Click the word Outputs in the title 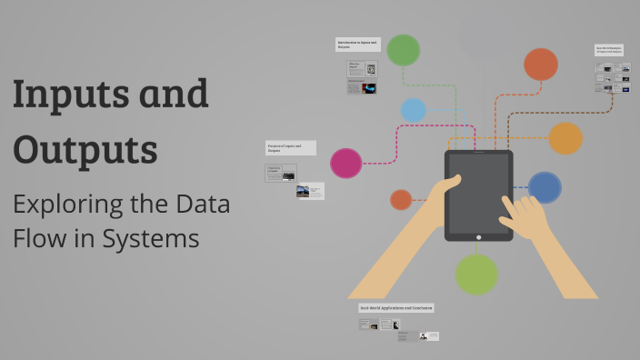85,149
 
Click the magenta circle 345,163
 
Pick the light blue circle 414,110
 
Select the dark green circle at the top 403,50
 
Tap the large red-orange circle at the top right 540,65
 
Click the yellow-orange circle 565,138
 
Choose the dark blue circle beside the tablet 545,187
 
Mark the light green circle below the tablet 476,274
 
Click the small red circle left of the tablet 401,199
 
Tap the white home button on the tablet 479,236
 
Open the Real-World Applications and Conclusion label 396,308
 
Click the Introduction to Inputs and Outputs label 357,44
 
